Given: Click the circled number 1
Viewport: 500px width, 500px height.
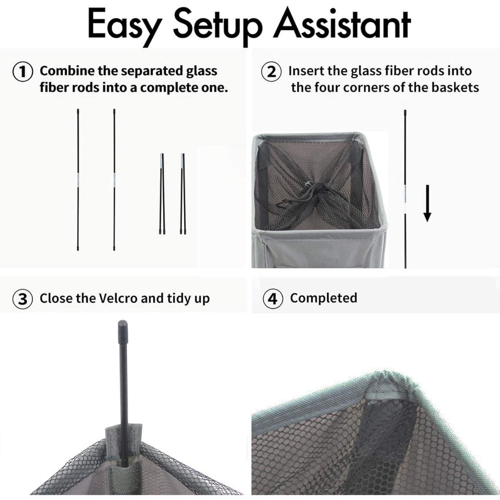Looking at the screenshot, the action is [22, 72].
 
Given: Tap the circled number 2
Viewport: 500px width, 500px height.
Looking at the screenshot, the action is [271, 72].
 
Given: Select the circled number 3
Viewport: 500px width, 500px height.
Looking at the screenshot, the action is [22, 299].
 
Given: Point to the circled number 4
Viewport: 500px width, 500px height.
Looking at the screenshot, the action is [272, 299].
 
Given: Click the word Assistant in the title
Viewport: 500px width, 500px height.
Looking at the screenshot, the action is [342, 24].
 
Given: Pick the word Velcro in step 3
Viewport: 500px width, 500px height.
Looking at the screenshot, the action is [118, 298].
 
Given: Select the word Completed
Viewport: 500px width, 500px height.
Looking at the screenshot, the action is [324, 298].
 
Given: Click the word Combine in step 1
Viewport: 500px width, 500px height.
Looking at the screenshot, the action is [67, 71].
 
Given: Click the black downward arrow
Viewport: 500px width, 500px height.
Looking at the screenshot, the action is [427, 203].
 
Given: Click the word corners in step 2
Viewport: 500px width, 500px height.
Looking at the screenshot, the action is [366, 88].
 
